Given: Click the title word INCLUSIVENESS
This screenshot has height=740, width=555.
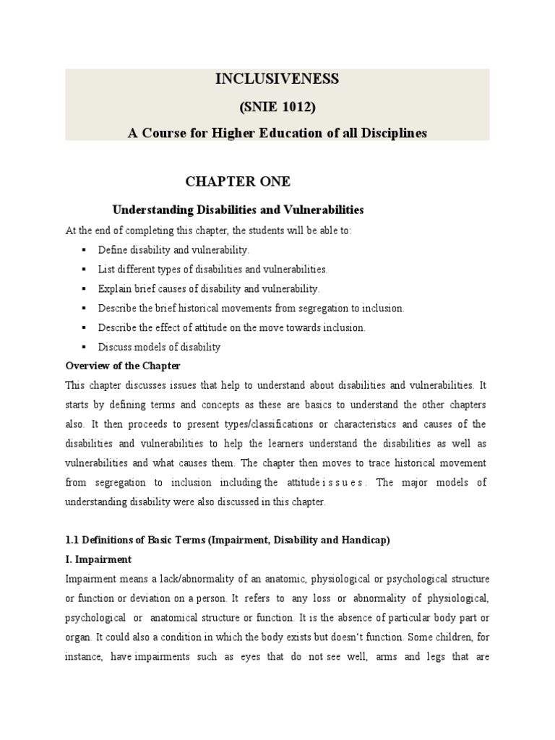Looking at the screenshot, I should [x=277, y=80].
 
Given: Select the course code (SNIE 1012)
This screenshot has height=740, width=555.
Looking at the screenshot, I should [x=277, y=107].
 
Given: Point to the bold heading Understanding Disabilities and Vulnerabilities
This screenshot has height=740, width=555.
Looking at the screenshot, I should [x=238, y=210].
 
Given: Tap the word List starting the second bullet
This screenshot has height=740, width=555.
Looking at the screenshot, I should [x=106, y=269].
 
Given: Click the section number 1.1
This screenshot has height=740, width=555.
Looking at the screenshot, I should [x=73, y=540].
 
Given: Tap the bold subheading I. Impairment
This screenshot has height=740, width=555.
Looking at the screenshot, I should [x=98, y=559].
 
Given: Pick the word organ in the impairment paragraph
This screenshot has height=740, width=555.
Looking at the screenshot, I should [x=78, y=637].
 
